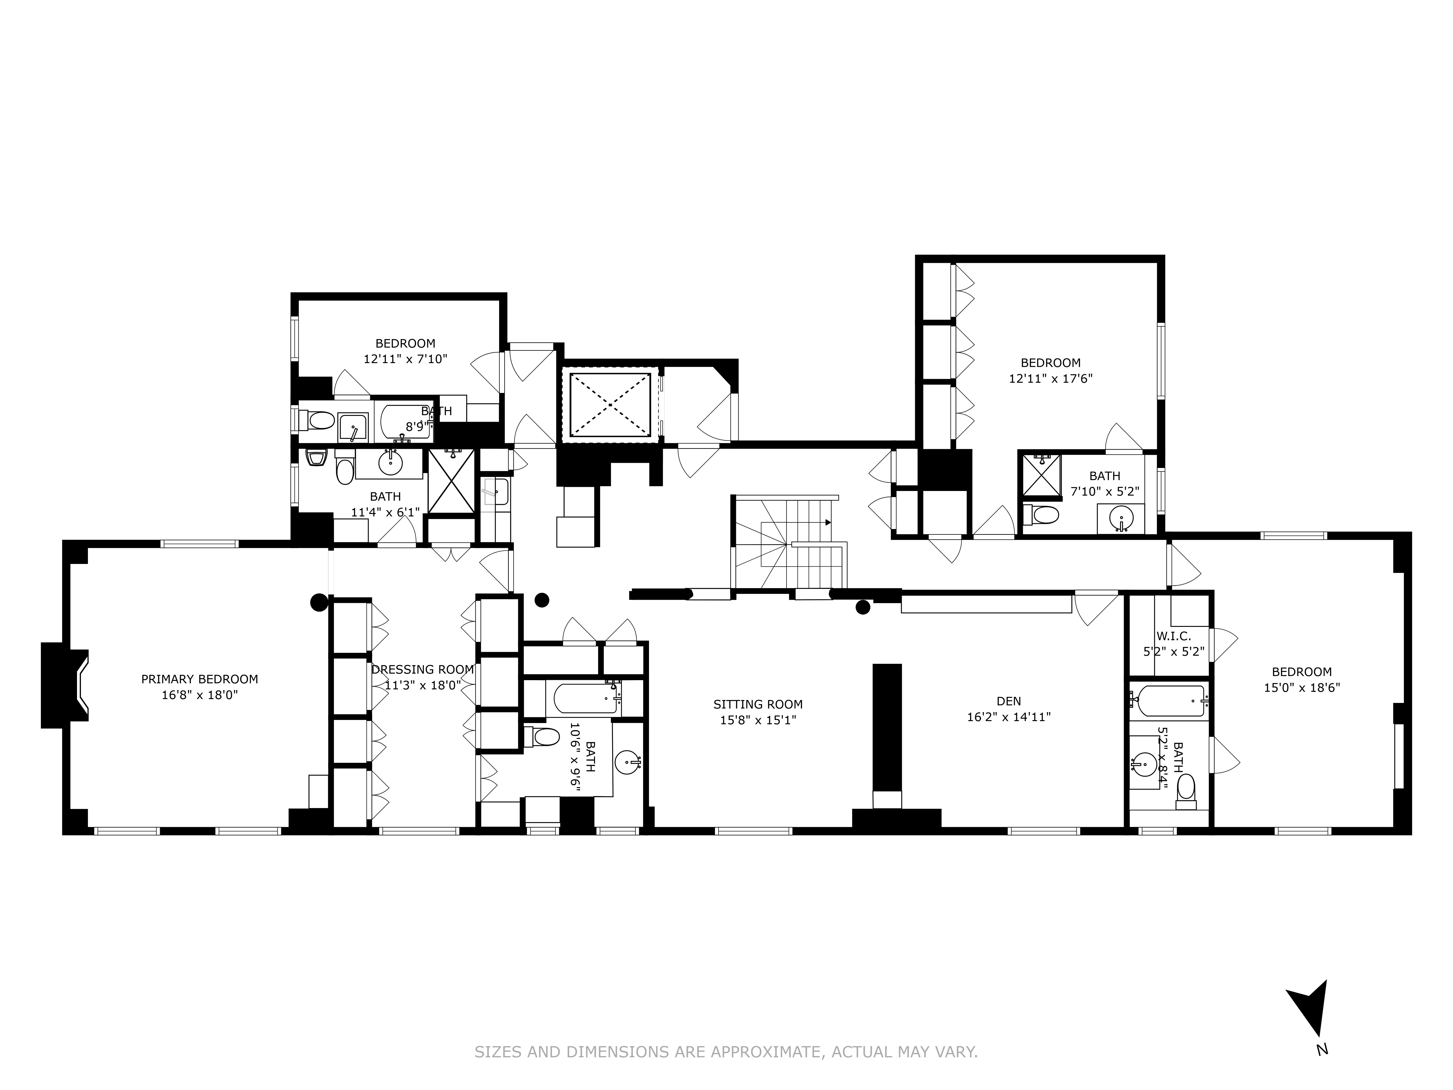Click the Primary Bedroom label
(200, 679)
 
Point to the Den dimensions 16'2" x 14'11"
(1008, 717)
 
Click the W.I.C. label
(1173, 636)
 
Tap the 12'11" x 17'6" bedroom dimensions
(1050, 378)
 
